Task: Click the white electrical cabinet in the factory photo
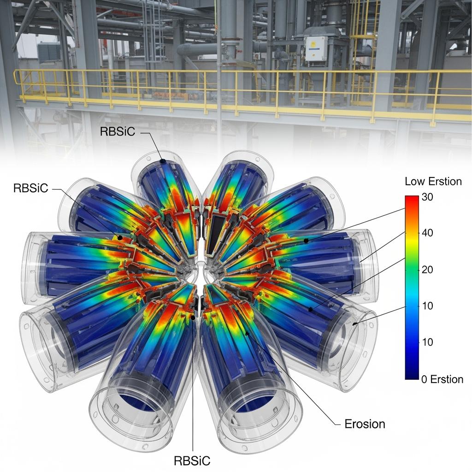pyautogui.click(x=316, y=48)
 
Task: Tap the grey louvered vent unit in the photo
pyautogui.click(x=49, y=52)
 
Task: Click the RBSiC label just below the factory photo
pyautogui.click(x=118, y=131)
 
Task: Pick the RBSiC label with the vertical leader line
pyautogui.click(x=192, y=460)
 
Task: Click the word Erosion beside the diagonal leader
pyautogui.click(x=365, y=424)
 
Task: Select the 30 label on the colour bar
pyautogui.click(x=427, y=197)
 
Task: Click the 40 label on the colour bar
pyautogui.click(x=427, y=233)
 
